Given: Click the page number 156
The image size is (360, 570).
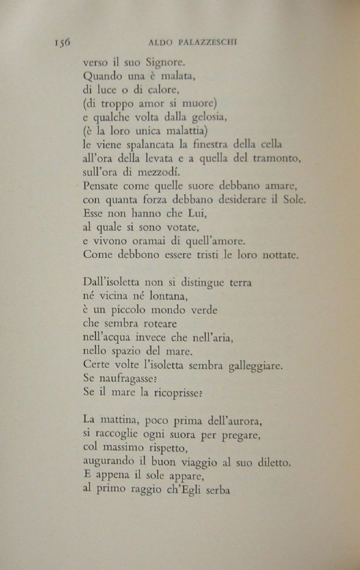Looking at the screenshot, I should [x=62, y=42].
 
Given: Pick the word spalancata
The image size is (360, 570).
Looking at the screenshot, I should [x=147, y=145].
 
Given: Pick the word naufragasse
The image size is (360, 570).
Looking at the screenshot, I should [x=126, y=380].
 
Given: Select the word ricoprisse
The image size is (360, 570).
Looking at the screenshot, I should [x=179, y=394].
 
